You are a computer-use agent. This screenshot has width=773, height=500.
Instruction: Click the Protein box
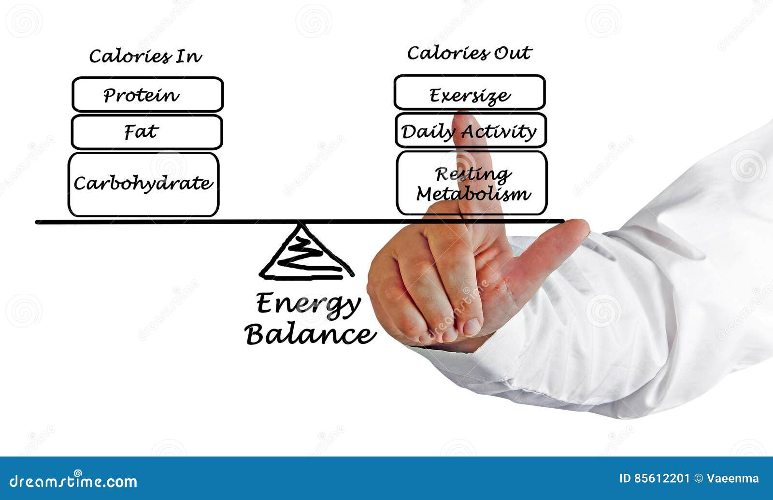tap(147, 95)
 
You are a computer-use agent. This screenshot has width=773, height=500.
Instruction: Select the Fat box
tap(147, 132)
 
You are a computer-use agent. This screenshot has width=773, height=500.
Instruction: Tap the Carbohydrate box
tap(143, 184)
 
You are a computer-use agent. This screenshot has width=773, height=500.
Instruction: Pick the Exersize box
tap(469, 92)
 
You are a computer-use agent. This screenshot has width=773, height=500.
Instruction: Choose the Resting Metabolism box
tap(472, 183)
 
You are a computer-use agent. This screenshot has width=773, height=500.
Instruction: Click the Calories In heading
tap(145, 56)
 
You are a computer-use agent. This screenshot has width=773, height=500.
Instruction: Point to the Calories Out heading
tap(469, 53)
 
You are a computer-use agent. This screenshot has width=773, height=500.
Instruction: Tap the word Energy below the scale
tap(308, 304)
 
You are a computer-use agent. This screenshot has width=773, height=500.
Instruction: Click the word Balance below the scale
tap(310, 334)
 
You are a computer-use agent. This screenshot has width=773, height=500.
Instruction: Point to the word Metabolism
tap(473, 194)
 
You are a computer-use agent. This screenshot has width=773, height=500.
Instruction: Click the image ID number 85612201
tap(661, 478)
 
